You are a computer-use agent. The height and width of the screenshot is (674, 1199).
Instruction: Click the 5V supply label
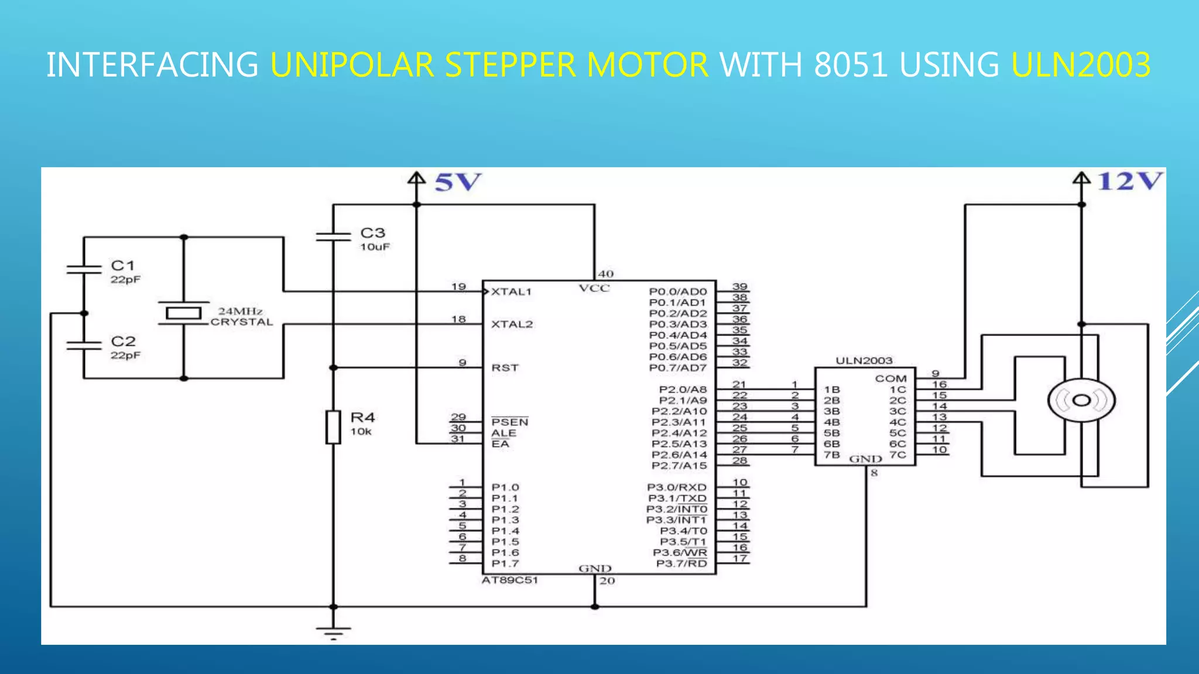click(x=458, y=183)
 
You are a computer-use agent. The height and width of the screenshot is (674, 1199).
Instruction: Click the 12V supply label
click(x=1129, y=181)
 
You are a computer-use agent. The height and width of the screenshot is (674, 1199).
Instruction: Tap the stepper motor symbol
click(x=1081, y=401)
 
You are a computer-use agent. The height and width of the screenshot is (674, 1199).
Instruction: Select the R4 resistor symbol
click(x=333, y=427)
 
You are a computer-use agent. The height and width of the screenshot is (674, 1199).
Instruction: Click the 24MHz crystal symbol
click(x=184, y=314)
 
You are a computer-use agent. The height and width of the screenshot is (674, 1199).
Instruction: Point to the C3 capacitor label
click(x=373, y=233)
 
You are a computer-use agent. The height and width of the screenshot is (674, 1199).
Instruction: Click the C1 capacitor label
click(x=123, y=266)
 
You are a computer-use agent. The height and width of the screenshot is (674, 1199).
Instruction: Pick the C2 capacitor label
click(x=123, y=341)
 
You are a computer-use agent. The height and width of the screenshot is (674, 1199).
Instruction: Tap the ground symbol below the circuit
click(x=333, y=632)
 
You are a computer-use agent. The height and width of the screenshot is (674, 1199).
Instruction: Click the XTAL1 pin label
click(x=511, y=291)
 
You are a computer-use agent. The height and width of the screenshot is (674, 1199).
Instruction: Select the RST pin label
click(x=505, y=367)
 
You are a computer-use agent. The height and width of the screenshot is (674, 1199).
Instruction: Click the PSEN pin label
click(x=509, y=422)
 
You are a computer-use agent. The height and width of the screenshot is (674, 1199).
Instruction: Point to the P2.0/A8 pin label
click(x=683, y=390)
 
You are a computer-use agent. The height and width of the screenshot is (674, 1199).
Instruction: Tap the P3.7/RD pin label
click(x=681, y=563)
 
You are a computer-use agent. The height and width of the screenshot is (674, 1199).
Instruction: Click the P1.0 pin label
click(x=505, y=487)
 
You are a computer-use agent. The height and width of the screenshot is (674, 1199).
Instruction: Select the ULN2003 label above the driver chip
click(x=864, y=360)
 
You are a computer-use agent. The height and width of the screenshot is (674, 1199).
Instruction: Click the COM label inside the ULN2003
click(x=890, y=379)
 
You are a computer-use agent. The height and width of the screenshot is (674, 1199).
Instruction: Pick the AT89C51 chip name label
click(x=509, y=580)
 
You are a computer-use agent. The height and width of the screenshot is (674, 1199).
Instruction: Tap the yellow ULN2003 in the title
click(x=1081, y=64)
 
